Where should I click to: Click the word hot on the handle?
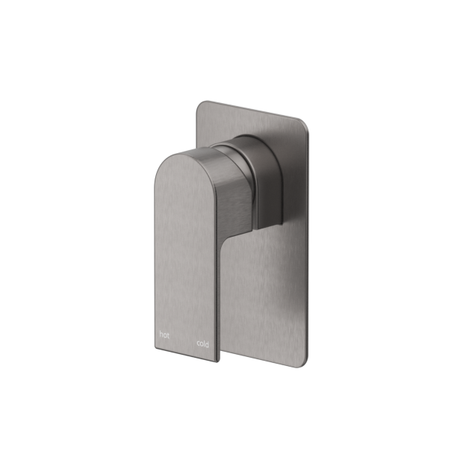[x=164, y=335]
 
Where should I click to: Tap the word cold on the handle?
[x=202, y=344]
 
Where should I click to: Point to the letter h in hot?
[x=161, y=335]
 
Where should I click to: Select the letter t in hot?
[x=168, y=335]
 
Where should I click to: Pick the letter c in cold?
[x=198, y=344]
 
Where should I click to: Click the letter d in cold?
[x=207, y=344]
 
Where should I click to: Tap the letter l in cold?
[x=204, y=344]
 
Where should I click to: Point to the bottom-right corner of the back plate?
[x=306, y=365]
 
